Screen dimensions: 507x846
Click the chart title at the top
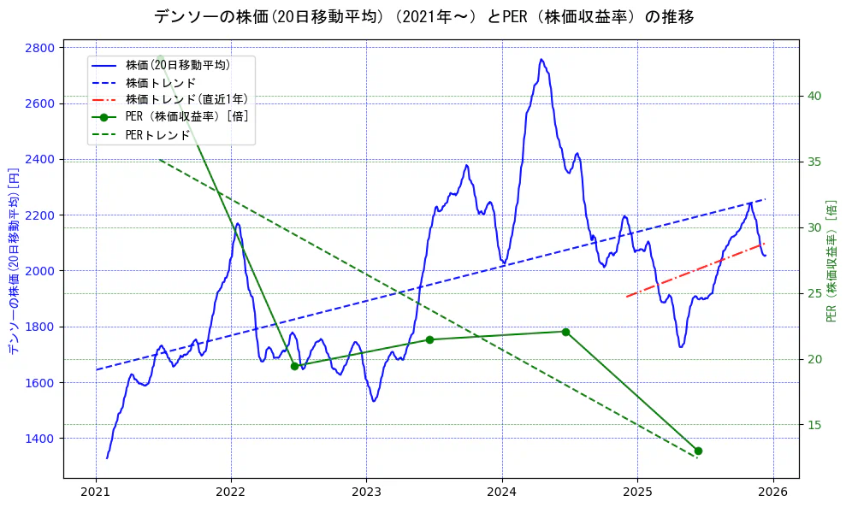pyautogui.click(x=423, y=16)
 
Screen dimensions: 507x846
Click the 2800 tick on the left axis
pyautogui.click(x=41, y=47)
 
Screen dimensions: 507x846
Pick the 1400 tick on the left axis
pyautogui.click(x=41, y=438)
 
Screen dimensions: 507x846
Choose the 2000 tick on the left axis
pyautogui.click(x=41, y=271)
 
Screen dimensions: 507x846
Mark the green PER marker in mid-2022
pyautogui.click(x=294, y=366)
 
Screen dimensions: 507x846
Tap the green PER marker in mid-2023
pyautogui.click(x=429, y=339)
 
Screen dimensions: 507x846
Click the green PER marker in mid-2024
pyautogui.click(x=565, y=332)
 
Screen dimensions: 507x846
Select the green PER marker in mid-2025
pyautogui.click(x=698, y=451)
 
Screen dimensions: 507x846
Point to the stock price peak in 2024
pyautogui.click(x=541, y=60)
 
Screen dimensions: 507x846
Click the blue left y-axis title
pyautogui.click(x=14, y=262)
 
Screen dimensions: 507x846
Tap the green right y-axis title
pyautogui.click(x=831, y=262)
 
